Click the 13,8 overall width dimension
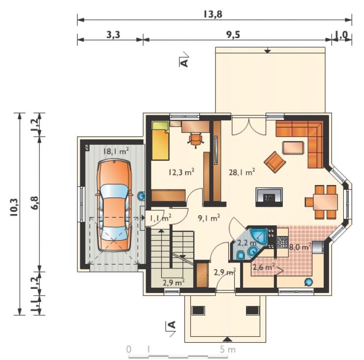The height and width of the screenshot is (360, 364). point(212,14)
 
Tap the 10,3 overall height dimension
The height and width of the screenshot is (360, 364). point(14,208)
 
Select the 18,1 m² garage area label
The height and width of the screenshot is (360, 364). point(116,151)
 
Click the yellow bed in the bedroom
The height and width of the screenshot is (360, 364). point(160,141)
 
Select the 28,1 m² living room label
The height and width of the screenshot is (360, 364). point(242,172)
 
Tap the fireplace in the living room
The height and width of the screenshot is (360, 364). point(269,197)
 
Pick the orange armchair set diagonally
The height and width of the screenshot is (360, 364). point(274,162)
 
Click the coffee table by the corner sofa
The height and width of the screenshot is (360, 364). point(293,148)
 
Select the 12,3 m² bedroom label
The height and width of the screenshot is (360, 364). point(182,172)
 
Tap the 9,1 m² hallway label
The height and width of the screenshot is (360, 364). point(209,218)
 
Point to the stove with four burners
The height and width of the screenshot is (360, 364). point(282,242)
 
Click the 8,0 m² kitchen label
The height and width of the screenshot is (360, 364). point(300,247)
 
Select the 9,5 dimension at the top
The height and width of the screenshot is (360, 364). point(233,35)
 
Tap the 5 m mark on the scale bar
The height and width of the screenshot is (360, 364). point(227,349)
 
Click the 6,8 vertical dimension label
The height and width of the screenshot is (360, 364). point(35,203)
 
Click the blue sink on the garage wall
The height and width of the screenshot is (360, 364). point(141,196)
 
